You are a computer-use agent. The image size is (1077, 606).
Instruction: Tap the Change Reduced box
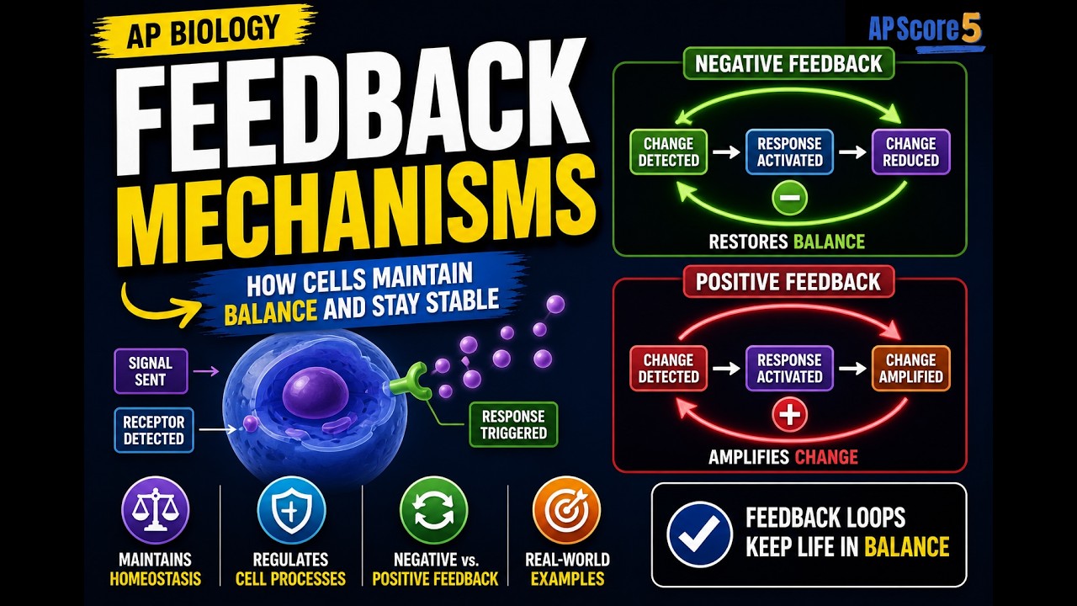910,152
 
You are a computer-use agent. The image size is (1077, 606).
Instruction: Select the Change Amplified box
910,369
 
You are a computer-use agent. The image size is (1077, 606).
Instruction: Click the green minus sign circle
789,198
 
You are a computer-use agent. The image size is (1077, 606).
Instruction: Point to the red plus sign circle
789,415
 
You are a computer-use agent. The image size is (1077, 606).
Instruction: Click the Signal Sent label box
151,371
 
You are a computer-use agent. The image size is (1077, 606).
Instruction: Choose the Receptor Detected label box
154,430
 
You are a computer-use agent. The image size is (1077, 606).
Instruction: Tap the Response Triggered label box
513,425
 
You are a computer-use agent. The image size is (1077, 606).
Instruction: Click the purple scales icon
156,510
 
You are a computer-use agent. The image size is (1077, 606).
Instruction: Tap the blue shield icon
291,510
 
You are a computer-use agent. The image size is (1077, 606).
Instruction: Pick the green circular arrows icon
433,510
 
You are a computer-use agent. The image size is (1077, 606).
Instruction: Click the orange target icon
567,510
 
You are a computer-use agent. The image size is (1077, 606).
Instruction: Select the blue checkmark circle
700,534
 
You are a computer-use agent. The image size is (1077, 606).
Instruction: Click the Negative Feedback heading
788,63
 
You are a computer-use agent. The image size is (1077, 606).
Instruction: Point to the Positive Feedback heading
788,281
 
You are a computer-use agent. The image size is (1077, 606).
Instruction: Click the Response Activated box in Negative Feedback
789,152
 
